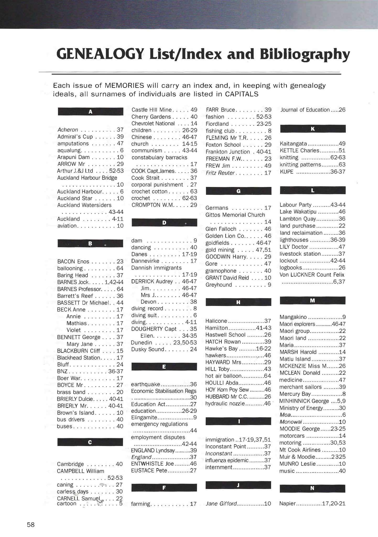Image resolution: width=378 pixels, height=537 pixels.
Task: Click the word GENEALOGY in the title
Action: tap(100, 54)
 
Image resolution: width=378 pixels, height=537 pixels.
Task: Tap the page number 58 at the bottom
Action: tap(31, 524)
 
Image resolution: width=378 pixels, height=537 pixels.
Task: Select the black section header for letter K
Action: tap(313, 129)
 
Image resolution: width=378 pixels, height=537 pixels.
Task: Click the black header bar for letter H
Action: tap(238, 302)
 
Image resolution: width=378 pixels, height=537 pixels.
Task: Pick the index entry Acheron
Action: tap(68, 130)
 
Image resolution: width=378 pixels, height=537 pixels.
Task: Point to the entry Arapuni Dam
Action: tap(73, 157)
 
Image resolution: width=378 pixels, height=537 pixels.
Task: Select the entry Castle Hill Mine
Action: tap(151, 110)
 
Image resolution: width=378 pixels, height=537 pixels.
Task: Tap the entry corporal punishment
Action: tap(157, 185)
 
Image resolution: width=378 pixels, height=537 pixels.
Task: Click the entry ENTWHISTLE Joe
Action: tap(152, 464)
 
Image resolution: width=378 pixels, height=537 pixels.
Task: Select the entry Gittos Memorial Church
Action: tap(235, 215)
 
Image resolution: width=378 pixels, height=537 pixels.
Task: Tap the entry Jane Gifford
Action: tap(221, 503)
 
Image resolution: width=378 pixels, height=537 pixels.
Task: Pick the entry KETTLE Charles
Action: tap(299, 151)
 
